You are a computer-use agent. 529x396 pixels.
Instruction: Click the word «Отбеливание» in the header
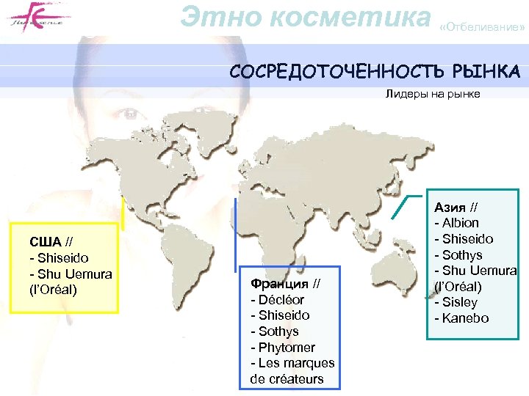pyautogui.click(x=482, y=29)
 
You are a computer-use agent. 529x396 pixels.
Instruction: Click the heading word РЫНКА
pyautogui.click(x=486, y=72)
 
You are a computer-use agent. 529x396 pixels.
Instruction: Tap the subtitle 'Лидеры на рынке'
pyautogui.click(x=432, y=94)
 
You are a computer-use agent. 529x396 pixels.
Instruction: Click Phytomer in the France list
pyautogui.click(x=287, y=347)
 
